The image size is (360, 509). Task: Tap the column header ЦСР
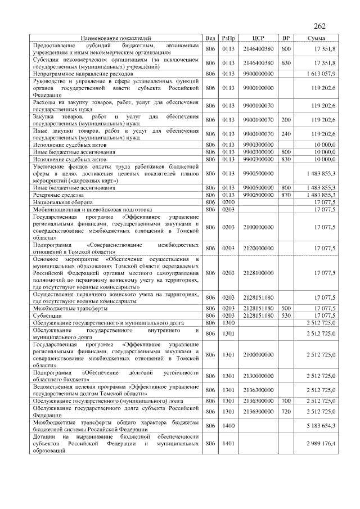point(259,38)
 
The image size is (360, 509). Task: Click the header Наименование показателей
point(116,38)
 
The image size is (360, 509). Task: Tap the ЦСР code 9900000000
point(259,73)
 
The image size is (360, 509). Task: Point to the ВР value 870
point(286,194)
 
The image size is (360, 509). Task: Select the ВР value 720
point(286,412)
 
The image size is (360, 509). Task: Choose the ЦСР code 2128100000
point(259,272)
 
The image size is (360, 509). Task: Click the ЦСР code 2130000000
point(259,376)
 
